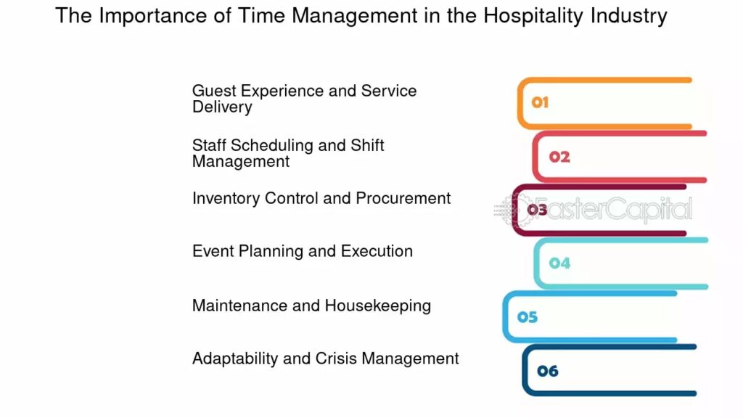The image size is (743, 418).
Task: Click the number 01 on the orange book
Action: tap(540, 102)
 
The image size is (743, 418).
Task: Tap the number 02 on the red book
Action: tap(559, 157)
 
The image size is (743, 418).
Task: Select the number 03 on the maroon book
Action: tap(537, 210)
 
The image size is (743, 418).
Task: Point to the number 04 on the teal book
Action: tap(559, 263)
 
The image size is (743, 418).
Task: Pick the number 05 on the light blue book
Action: tap(528, 317)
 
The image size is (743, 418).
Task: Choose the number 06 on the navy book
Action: tap(548, 371)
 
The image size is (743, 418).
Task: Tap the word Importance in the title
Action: tap(152, 16)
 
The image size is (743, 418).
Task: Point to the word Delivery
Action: tap(222, 107)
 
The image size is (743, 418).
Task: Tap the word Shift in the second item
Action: tap(367, 145)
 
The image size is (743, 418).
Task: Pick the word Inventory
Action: tap(226, 199)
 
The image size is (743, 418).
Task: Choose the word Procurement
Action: tap(403, 198)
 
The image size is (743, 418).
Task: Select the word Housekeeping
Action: tap(378, 306)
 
